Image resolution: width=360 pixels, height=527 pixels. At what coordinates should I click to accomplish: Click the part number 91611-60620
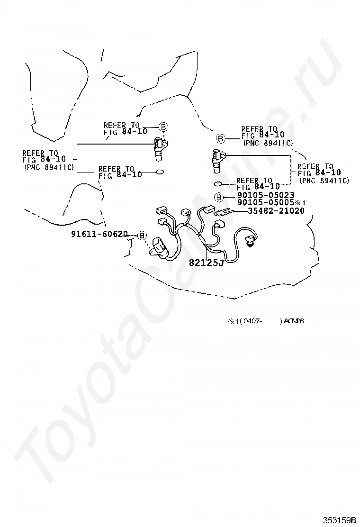[99, 234]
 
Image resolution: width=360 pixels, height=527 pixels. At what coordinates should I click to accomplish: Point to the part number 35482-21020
[276, 211]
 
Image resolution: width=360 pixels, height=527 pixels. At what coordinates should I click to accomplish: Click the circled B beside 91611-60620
[142, 236]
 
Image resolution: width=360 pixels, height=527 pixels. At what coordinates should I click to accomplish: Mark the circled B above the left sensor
[162, 127]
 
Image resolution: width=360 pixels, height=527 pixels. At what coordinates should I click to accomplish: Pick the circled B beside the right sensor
[220, 138]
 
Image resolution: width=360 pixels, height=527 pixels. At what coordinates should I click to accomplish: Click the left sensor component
[159, 149]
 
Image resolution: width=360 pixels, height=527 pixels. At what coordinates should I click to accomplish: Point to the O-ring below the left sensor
[159, 172]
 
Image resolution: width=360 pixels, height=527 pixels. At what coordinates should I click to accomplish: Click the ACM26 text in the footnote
[293, 321]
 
